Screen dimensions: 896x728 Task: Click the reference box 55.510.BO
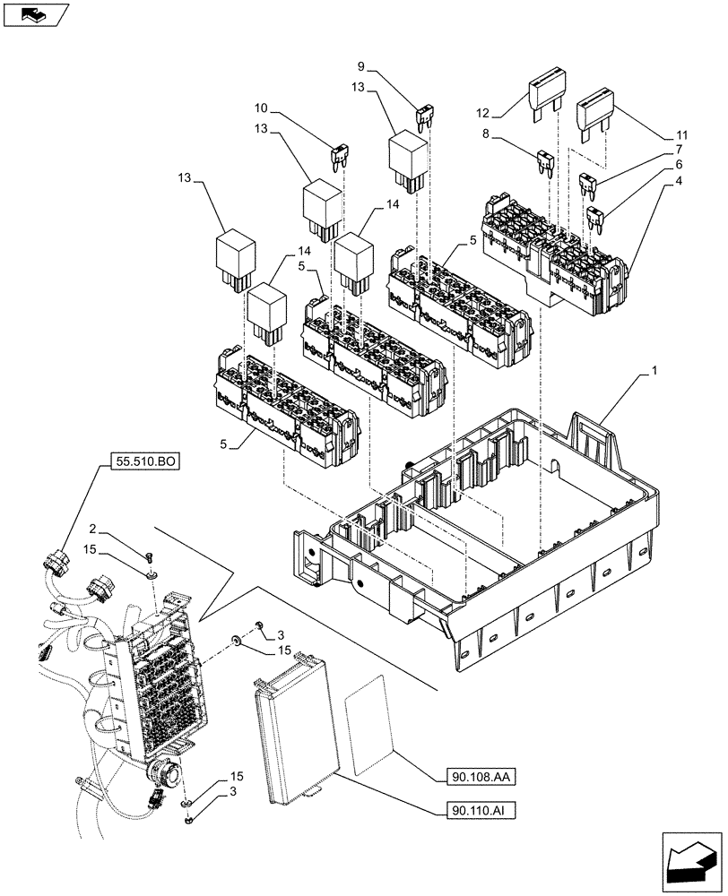tap(146, 462)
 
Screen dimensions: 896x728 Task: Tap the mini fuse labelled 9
tap(424, 114)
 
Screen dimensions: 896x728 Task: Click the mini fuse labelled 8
tap(544, 162)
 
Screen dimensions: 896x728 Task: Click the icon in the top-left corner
tap(35, 15)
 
